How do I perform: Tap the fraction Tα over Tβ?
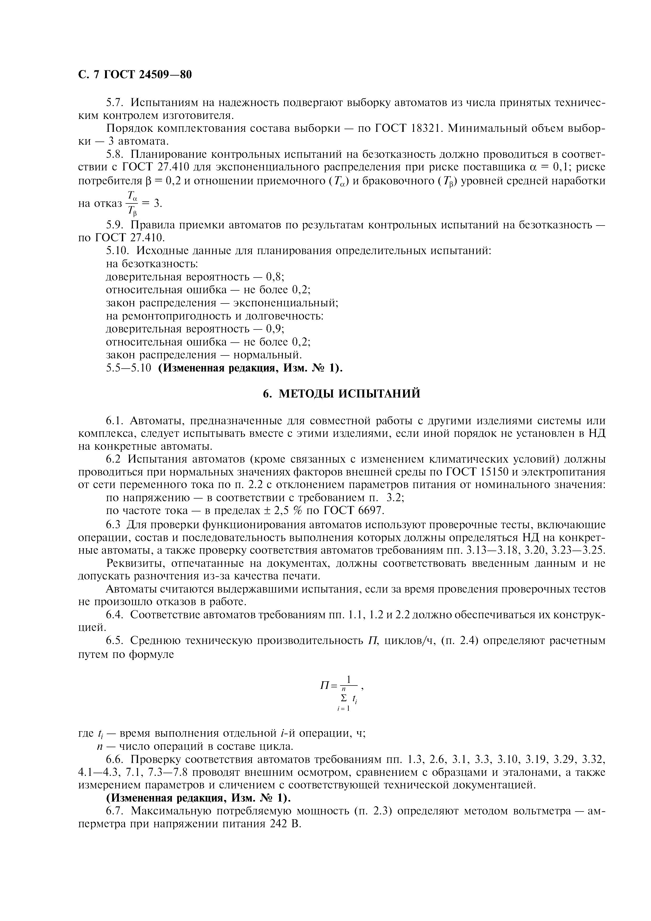click(132, 203)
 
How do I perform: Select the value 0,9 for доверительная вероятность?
click(275, 329)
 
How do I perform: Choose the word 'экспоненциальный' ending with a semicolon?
click(286, 303)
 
